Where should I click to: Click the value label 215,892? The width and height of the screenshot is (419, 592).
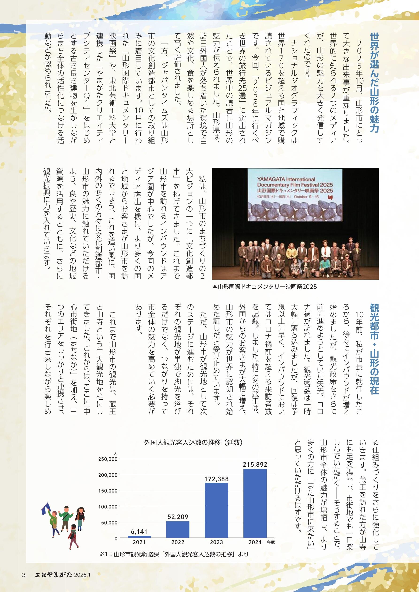[255, 465]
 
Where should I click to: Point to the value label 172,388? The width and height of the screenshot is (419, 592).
[216, 479]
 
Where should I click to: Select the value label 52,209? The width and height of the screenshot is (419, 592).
[178, 517]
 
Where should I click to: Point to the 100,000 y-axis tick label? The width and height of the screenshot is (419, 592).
[108, 507]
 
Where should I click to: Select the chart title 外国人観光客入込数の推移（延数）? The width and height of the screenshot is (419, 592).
[193, 443]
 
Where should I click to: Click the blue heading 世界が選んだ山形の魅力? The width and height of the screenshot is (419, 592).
[374, 83]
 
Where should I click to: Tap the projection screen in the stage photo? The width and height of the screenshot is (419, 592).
[295, 195]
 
